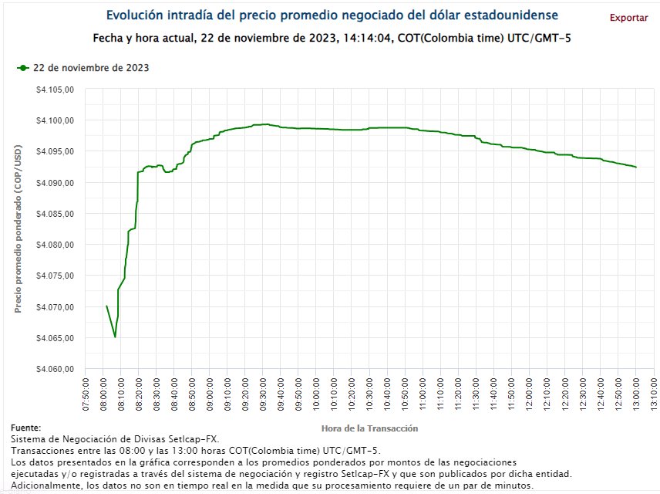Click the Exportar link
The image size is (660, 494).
pyautogui.click(x=628, y=18)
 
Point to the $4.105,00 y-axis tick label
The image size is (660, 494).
pyautogui.click(x=55, y=90)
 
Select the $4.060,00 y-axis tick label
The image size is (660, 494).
pyautogui.click(x=55, y=369)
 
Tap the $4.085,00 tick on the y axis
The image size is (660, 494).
pyautogui.click(x=55, y=214)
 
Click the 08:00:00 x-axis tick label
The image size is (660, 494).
pyautogui.click(x=103, y=394)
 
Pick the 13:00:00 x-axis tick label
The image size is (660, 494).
pyautogui.click(x=635, y=394)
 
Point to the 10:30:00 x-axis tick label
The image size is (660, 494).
pyautogui.click(x=369, y=394)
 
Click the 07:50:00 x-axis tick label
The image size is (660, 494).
pyautogui.click(x=85, y=394)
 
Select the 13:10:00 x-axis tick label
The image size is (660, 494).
pyautogui.click(x=653, y=394)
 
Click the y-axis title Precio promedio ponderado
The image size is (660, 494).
pyautogui.click(x=18, y=229)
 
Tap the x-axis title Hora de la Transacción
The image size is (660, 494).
pyautogui.click(x=369, y=428)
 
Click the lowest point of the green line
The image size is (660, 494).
pyautogui.click(x=115, y=337)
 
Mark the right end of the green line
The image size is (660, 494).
pyautogui.click(x=635, y=167)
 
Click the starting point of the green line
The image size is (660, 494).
pyautogui.click(x=106, y=306)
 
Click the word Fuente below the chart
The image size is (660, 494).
pyautogui.click(x=25, y=428)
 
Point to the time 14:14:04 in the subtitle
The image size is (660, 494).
pyautogui.click(x=366, y=38)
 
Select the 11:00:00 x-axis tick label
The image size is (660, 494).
pyautogui.click(x=422, y=394)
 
